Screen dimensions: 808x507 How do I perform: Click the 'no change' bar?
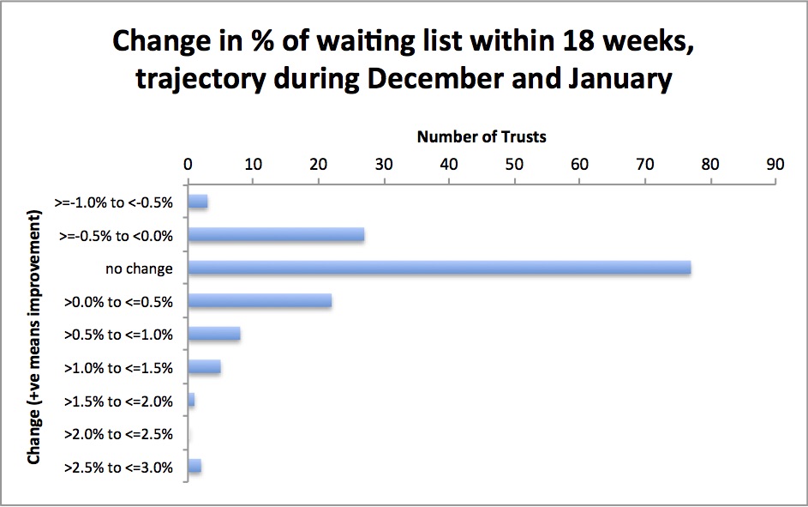pyautogui.click(x=440, y=268)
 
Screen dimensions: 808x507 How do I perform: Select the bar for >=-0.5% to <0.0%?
pyautogui.click(x=276, y=235)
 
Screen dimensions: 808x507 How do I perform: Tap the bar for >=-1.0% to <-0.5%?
pyautogui.click(x=198, y=202)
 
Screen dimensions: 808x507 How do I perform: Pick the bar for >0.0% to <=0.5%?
pyautogui.click(x=260, y=301)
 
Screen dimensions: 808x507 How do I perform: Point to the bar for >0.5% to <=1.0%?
pyautogui.click(x=214, y=334)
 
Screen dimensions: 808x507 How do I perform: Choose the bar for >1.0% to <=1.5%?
pyautogui.click(x=205, y=366)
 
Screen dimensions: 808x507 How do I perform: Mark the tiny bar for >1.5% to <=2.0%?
pyautogui.click(x=192, y=400)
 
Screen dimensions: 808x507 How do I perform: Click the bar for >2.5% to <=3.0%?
pyautogui.click(x=195, y=466)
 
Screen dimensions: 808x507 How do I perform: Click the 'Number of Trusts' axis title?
pyautogui.click(x=482, y=136)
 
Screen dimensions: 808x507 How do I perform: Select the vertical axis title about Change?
pyautogui.click(x=34, y=337)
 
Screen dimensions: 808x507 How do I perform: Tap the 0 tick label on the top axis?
pyautogui.click(x=189, y=164)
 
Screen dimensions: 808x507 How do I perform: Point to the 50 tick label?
pyautogui.click(x=514, y=164)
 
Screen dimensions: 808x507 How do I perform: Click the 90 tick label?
pyautogui.click(x=775, y=164)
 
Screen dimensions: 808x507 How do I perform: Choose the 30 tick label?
pyautogui.click(x=384, y=164)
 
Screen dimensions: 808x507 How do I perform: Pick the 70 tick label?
pyautogui.click(x=644, y=164)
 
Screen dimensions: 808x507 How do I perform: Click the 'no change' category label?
pyautogui.click(x=139, y=269)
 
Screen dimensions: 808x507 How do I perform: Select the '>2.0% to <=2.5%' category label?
pyautogui.click(x=118, y=434)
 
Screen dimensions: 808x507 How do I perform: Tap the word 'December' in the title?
pyautogui.click(x=435, y=78)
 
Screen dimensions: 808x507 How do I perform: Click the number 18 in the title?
pyautogui.click(x=580, y=40)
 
